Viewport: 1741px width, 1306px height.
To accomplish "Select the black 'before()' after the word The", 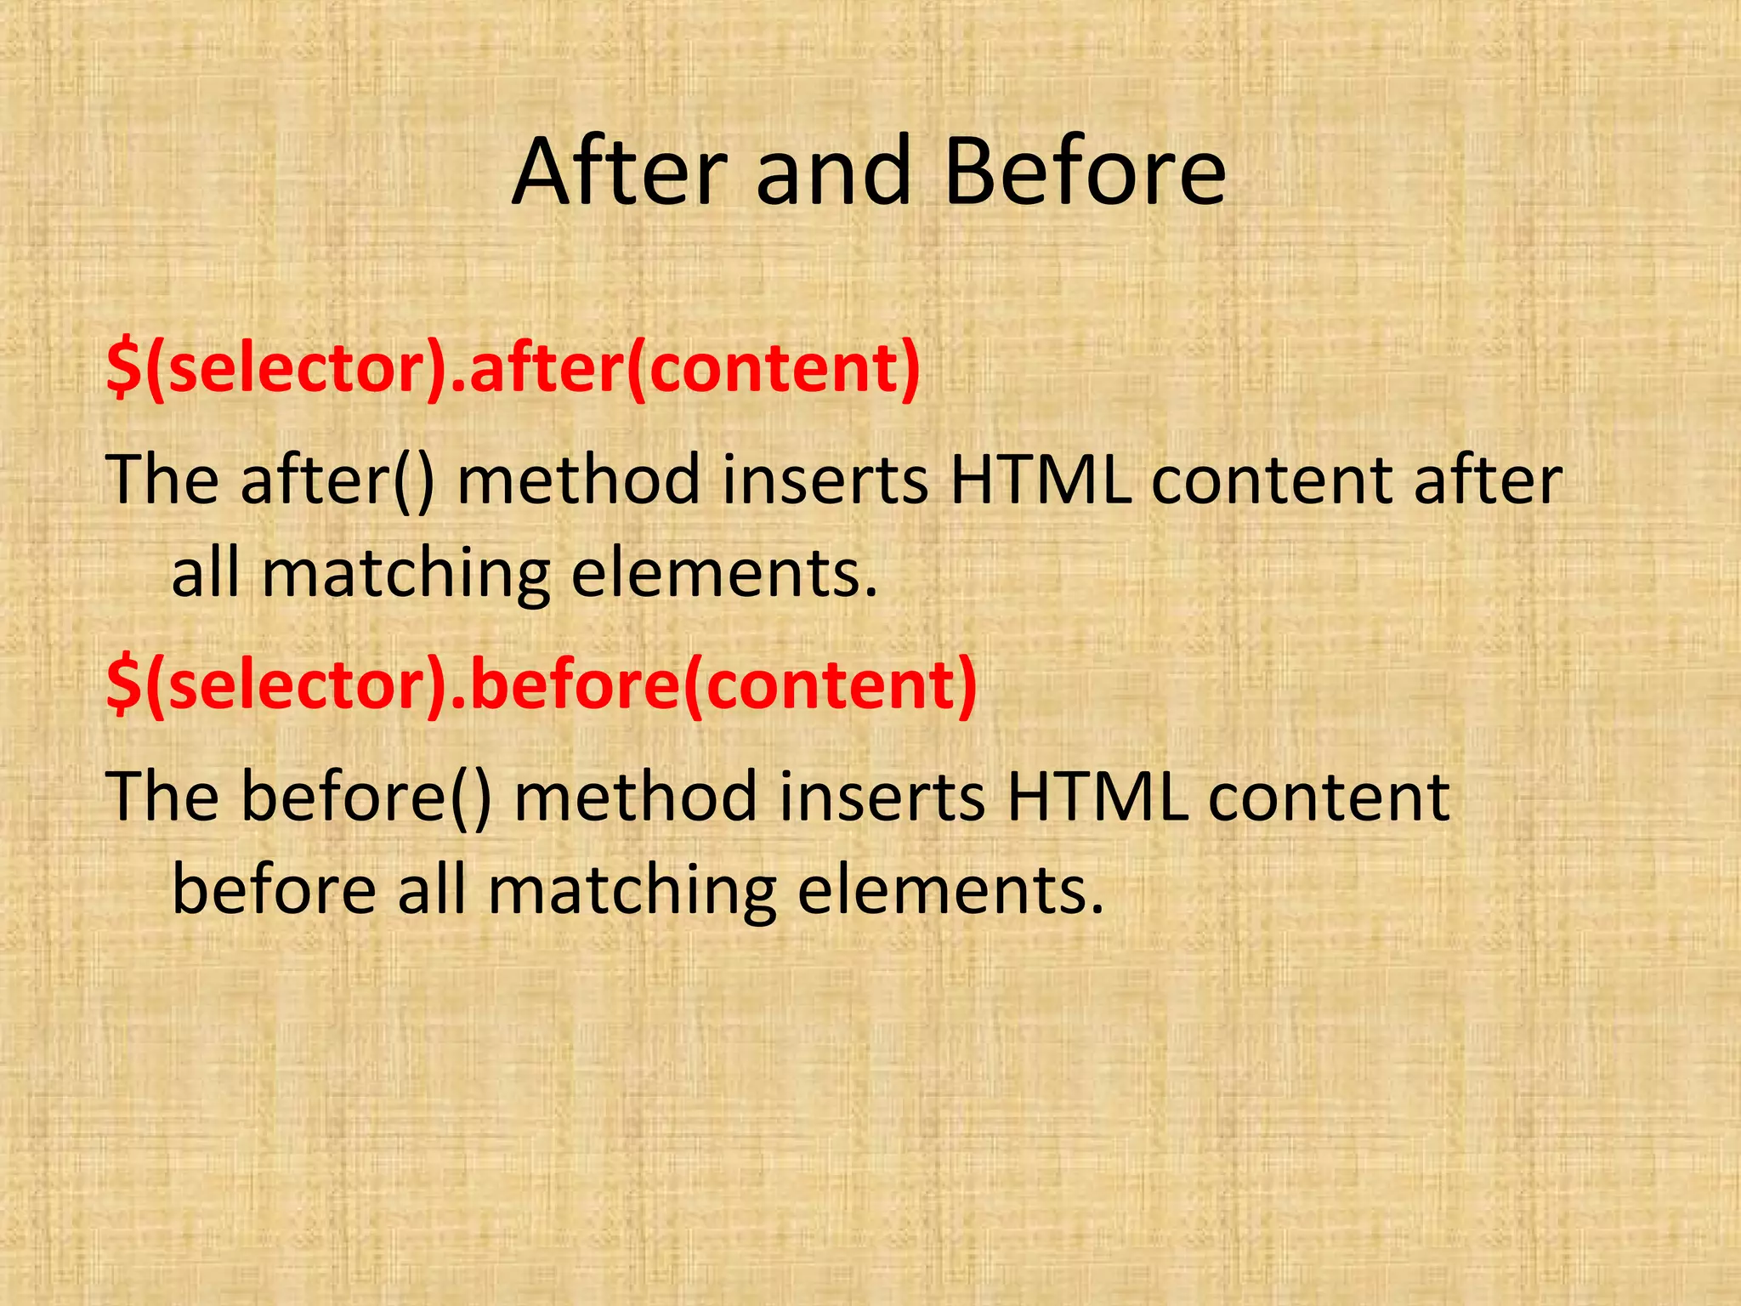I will pos(366,797).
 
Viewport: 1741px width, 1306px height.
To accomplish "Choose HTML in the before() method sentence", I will pos(1097,797).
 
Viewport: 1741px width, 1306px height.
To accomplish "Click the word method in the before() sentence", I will pos(635,797).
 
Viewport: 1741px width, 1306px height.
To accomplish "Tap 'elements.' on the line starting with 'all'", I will pos(723,574).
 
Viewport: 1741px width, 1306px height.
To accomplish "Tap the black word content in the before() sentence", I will pos(1329,797).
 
